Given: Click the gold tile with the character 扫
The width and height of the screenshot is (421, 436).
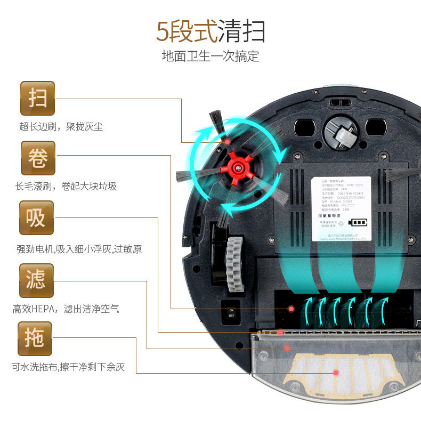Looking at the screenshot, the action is pyautogui.click(x=37, y=98).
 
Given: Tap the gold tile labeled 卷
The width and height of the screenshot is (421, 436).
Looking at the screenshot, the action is pyautogui.click(x=37, y=158).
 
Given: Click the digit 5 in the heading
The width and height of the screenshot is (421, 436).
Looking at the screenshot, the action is pyautogui.click(x=162, y=31).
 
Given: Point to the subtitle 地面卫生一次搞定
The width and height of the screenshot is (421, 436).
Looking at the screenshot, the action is pyautogui.click(x=210, y=56).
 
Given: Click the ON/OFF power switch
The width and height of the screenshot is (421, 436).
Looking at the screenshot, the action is pyautogui.click(x=231, y=312).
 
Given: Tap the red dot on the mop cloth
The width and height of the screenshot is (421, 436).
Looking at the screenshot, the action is pyautogui.click(x=336, y=373).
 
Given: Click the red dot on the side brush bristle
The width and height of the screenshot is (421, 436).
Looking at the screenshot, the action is pyautogui.click(x=227, y=142).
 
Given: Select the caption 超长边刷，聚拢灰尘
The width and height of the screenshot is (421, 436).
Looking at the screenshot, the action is pyautogui.click(x=61, y=127).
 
